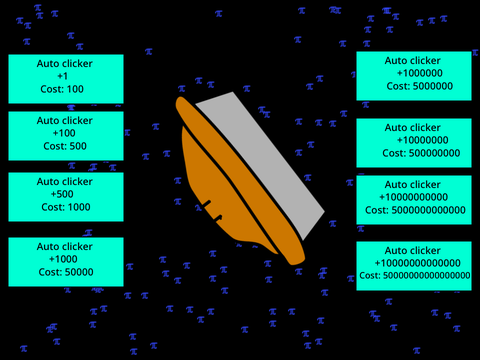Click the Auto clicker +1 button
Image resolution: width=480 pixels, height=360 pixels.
click(x=66, y=79)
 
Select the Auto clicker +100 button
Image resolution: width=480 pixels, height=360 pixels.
click(x=66, y=136)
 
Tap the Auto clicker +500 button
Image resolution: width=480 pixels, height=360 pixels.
click(x=66, y=197)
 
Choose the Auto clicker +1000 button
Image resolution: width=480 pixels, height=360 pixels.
click(x=66, y=262)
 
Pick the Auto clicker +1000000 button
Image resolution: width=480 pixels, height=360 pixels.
click(x=414, y=76)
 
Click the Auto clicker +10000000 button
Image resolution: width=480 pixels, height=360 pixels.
click(x=414, y=143)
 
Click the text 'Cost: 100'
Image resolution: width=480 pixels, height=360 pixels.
click(x=62, y=89)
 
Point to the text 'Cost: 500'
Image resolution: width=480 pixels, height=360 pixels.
click(x=65, y=146)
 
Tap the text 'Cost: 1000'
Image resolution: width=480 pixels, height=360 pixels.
click(x=66, y=207)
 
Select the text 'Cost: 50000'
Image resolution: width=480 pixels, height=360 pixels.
click(x=66, y=272)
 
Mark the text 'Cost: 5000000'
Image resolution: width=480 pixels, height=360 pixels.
click(x=420, y=86)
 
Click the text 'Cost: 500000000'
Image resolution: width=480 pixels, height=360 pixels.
click(x=421, y=153)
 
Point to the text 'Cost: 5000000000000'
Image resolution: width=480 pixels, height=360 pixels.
click(x=415, y=210)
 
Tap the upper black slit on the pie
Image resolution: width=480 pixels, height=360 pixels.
click(x=207, y=204)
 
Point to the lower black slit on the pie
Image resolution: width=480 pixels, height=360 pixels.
click(x=218, y=218)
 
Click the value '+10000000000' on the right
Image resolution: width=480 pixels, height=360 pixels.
click(x=414, y=197)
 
